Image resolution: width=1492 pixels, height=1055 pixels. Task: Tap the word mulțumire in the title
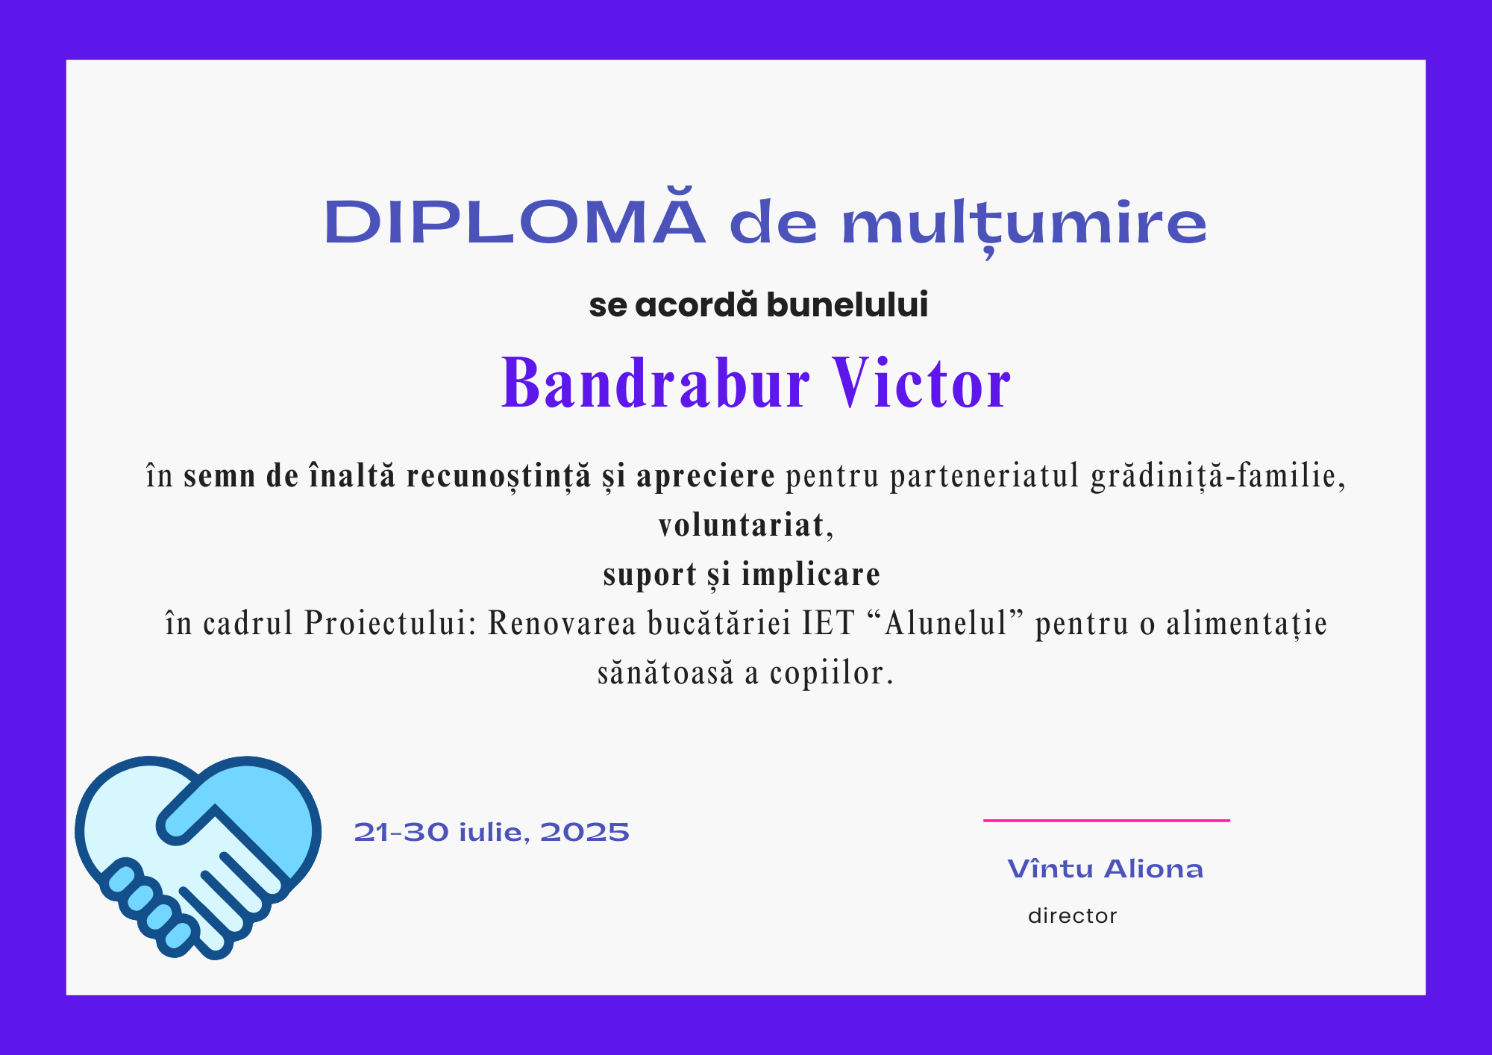[1024, 224]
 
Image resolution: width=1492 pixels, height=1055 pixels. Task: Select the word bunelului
[847, 305]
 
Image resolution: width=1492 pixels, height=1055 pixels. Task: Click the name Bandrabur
[655, 382]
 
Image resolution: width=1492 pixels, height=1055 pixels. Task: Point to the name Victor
[922, 382]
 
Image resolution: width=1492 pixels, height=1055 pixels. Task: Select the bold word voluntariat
[742, 525]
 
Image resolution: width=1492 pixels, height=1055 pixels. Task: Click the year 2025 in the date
[585, 832]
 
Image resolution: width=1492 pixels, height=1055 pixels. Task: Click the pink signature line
[1106, 820]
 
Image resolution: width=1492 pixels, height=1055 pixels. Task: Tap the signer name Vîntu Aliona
[1106, 868]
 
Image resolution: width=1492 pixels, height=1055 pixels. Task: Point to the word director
[1072, 915]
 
